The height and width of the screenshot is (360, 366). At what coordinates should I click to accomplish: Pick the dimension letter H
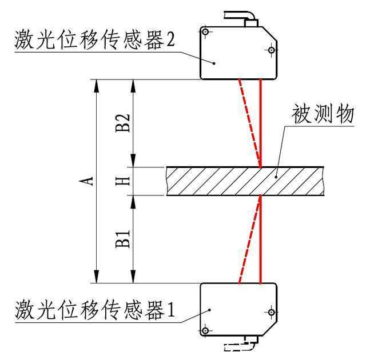(x=126, y=181)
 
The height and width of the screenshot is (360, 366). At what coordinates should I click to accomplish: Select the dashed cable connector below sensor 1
(x=240, y=344)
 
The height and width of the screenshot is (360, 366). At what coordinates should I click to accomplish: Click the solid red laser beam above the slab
(x=261, y=123)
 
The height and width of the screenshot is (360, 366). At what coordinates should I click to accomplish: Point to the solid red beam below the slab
(x=261, y=240)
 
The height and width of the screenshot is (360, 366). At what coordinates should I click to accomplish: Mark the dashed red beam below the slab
(x=249, y=240)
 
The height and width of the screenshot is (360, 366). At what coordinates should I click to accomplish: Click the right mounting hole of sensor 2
(x=268, y=51)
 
